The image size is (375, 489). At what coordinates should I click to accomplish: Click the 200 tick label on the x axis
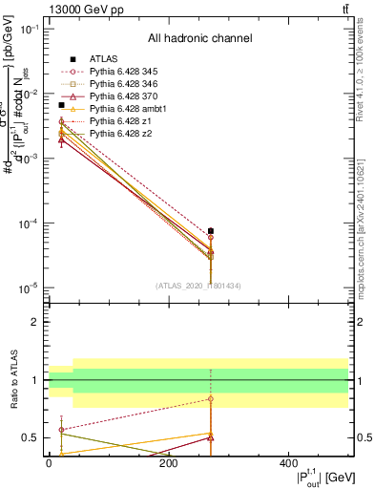coord(169,463)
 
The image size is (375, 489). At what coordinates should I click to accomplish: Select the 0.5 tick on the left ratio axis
coord(31,438)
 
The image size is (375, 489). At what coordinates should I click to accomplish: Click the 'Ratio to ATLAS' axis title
coord(13,381)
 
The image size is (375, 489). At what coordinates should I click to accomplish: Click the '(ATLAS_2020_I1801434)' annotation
coord(198,286)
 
